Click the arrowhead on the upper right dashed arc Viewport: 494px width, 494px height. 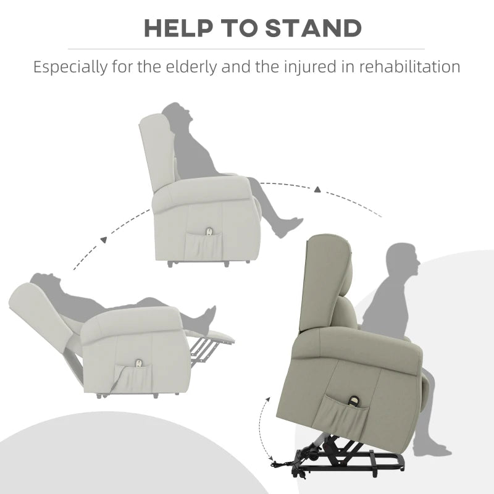click(317, 188)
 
